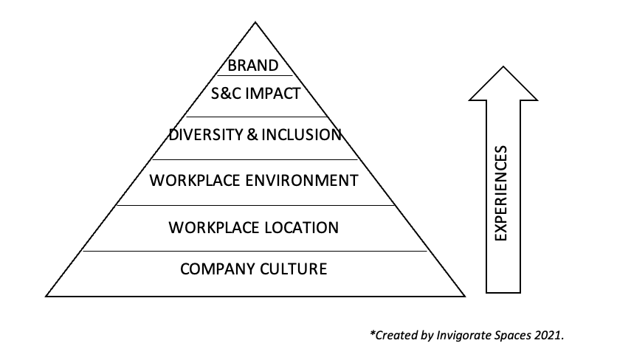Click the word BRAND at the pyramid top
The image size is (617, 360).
click(x=253, y=66)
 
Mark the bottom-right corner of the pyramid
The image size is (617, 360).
click(x=464, y=296)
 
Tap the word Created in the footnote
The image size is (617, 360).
click(x=395, y=335)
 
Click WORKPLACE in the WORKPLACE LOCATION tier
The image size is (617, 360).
click(x=207, y=226)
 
